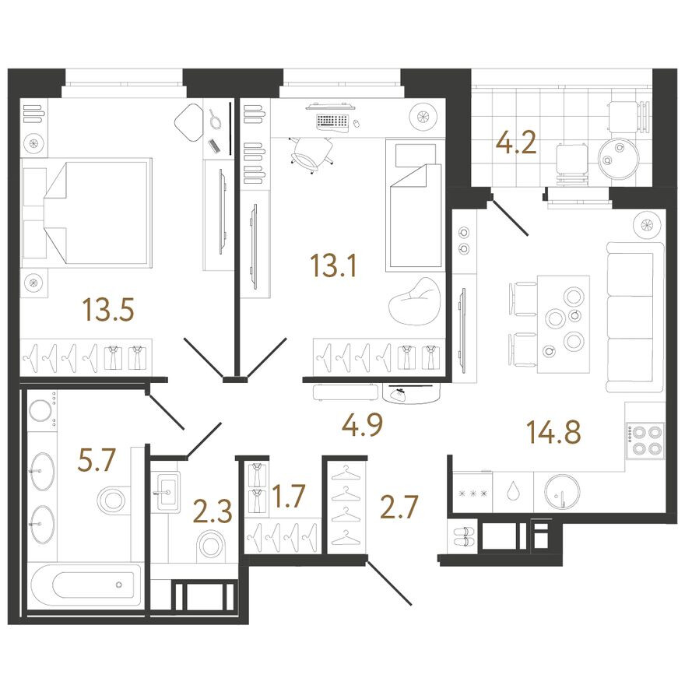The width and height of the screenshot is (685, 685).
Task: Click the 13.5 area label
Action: click(x=108, y=309)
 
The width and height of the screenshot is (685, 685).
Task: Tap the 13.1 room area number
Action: click(x=333, y=265)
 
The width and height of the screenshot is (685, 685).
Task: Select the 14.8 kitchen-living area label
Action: click(x=554, y=431)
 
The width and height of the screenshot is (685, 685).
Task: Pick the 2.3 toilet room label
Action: click(x=213, y=511)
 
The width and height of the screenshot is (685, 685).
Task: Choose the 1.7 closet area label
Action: click(x=288, y=497)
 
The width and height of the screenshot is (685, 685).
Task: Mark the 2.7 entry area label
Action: click(x=399, y=507)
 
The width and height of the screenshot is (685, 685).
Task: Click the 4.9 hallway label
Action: click(x=363, y=424)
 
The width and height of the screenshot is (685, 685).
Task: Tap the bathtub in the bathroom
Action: click(x=85, y=585)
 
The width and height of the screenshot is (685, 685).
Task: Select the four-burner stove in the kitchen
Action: click(x=645, y=440)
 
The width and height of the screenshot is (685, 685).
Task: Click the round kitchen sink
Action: click(x=561, y=492)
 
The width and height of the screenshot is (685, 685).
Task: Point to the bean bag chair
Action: click(x=414, y=301)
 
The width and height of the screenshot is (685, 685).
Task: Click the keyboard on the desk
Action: click(x=333, y=121)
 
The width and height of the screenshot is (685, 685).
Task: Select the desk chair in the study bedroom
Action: click(x=311, y=155)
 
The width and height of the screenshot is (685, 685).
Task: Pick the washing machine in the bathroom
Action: click(x=42, y=411)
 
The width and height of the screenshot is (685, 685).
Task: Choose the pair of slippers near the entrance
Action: click(x=464, y=536)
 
